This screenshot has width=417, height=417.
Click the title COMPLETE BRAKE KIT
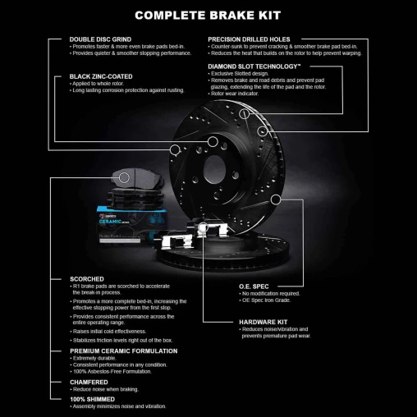pyautogui.click(x=208, y=15)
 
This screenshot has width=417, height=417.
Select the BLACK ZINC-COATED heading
pyautogui.click(x=99, y=76)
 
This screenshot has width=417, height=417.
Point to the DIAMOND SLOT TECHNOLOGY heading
pyautogui.click(x=254, y=65)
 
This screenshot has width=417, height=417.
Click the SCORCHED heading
pyautogui.click(x=87, y=279)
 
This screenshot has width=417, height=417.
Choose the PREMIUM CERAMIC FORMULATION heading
pyautogui.click(x=124, y=351)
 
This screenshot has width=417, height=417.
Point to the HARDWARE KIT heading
pyautogui.click(x=263, y=322)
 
